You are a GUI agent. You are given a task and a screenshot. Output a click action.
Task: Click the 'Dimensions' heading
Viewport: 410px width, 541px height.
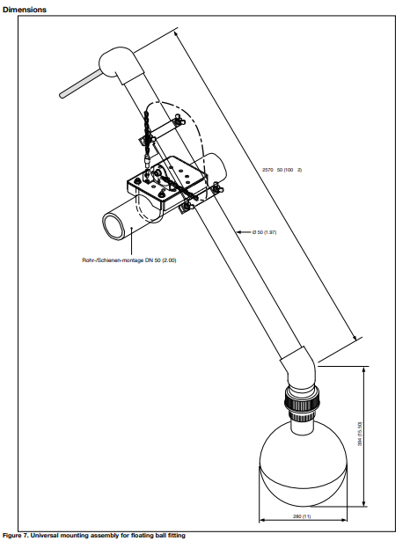[x=25, y=9]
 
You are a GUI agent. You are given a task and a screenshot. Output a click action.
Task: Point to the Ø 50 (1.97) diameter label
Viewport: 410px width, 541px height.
[x=264, y=231]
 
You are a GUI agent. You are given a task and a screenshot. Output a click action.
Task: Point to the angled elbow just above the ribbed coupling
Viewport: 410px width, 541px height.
[x=297, y=369]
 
